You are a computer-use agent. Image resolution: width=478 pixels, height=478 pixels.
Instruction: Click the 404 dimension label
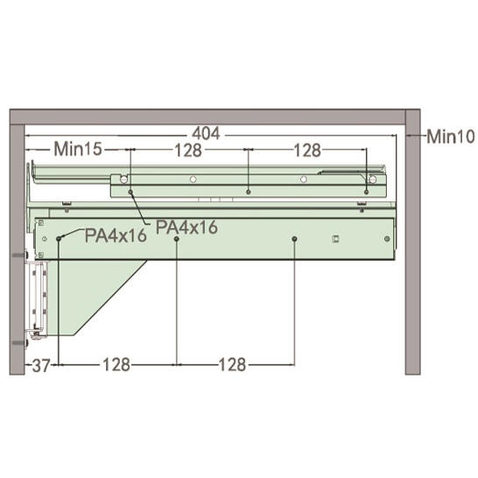[x=206, y=134]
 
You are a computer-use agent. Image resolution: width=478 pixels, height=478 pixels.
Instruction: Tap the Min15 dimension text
[x=78, y=149]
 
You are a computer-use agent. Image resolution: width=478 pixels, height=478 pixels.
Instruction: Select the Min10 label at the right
[x=451, y=137]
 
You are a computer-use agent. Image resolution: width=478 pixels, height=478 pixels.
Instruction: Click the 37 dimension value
[x=41, y=365]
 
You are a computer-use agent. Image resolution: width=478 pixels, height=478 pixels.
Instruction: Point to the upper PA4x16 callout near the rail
[x=186, y=227]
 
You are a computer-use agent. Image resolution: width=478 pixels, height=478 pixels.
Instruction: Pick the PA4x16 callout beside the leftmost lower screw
[x=116, y=235]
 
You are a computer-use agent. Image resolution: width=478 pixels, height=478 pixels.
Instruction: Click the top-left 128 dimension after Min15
[x=188, y=150]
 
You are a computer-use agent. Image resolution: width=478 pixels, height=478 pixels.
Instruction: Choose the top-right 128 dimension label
[x=307, y=151]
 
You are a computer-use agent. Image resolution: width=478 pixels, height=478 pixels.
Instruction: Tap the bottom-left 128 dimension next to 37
[x=116, y=364]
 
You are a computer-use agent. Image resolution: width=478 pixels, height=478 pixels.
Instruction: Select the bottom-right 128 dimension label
[x=232, y=364]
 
